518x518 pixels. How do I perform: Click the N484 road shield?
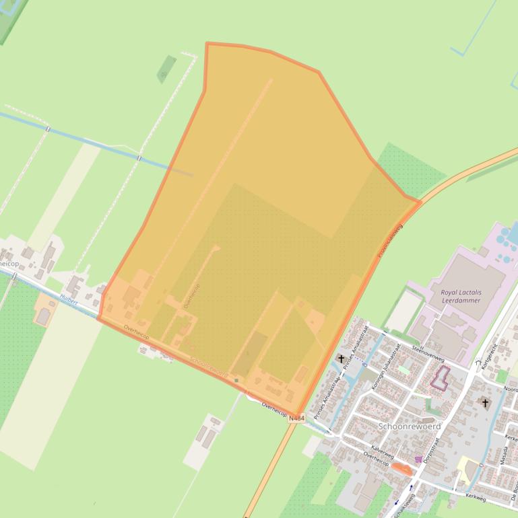(296, 418)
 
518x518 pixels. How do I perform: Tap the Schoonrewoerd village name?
(410, 427)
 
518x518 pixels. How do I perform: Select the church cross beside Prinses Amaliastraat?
(342, 359)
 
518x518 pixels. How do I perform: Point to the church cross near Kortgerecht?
(485, 403)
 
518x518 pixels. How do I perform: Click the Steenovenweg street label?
(410, 338)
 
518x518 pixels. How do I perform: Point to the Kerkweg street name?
(475, 498)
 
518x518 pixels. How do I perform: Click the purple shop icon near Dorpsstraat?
(419, 460)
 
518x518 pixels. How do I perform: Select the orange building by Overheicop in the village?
(402, 469)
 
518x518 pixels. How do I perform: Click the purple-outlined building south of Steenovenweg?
(440, 378)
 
